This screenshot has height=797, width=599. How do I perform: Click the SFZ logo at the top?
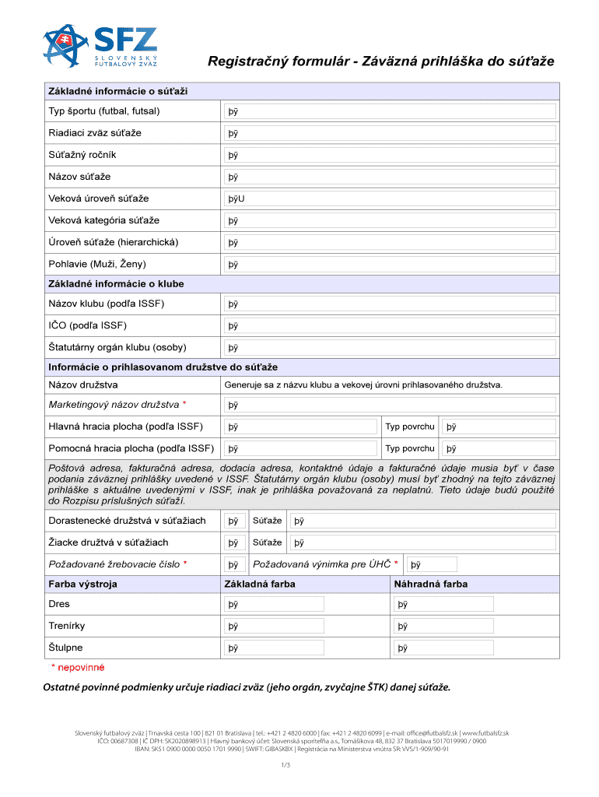point(100,48)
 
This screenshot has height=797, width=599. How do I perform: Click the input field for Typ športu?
point(390,111)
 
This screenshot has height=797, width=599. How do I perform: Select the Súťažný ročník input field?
point(390,155)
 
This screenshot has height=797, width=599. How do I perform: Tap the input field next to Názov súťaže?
point(390,177)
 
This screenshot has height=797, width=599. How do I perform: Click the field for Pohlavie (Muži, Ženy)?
point(390,265)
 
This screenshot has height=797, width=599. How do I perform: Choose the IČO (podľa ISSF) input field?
point(390,325)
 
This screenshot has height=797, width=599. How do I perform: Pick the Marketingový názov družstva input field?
point(390,405)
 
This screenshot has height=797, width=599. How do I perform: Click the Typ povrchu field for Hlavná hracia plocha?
point(498,427)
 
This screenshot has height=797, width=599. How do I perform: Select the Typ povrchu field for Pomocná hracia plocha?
point(498,448)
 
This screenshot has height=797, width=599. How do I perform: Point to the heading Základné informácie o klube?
point(117,284)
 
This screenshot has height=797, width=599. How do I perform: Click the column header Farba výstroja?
point(82,585)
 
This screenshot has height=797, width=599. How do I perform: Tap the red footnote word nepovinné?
point(81,668)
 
